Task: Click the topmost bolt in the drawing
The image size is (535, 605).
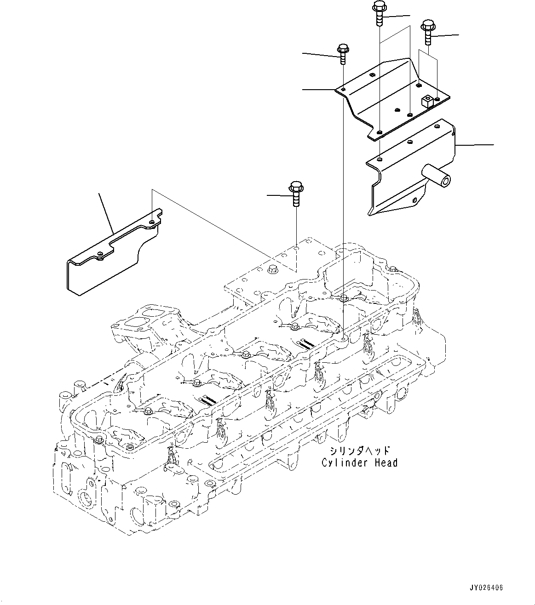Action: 379,14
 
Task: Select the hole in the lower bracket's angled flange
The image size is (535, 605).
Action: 414,200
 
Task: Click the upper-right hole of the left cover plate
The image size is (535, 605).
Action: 152,223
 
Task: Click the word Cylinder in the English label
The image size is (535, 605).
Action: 341,462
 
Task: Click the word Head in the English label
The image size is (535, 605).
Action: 384,462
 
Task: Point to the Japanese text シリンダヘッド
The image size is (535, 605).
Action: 359,451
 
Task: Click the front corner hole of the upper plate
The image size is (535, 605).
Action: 379,132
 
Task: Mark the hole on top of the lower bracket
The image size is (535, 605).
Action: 379,160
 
